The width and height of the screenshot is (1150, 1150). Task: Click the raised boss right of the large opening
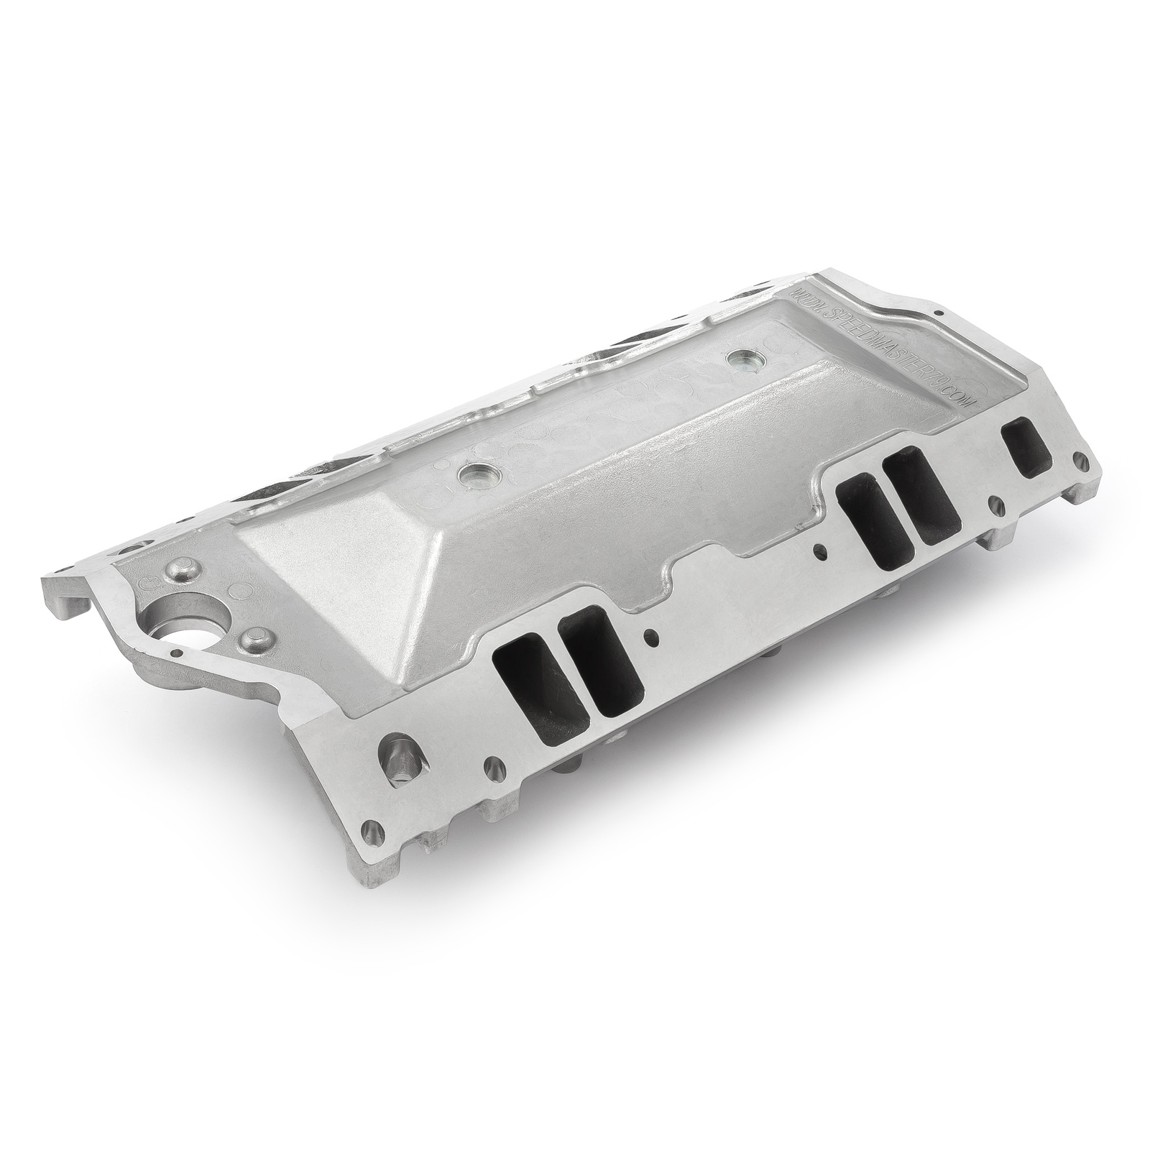256,638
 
